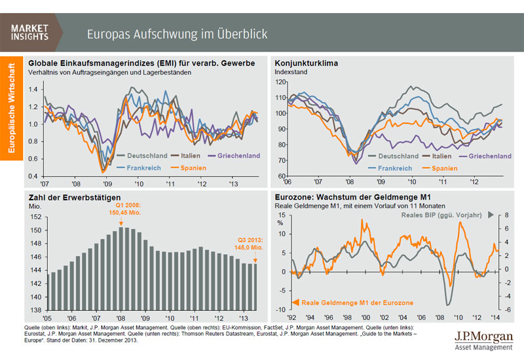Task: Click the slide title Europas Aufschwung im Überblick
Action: [x=177, y=33]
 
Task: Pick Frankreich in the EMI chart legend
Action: [x=150, y=168]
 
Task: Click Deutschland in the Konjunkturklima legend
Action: [x=398, y=156]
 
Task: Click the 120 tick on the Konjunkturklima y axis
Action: [x=282, y=82]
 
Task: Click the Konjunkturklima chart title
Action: [x=306, y=63]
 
